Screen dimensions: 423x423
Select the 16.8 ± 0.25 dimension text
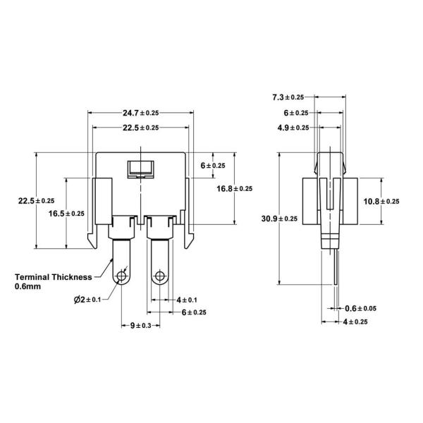tap(234, 188)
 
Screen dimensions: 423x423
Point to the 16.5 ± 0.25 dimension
tap(66, 214)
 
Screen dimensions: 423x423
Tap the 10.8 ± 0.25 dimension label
tap(381, 201)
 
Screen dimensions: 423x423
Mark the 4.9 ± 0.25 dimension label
tap(291, 128)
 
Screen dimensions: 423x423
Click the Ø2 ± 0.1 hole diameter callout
tap(87, 300)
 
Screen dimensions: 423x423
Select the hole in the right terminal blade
tap(161, 276)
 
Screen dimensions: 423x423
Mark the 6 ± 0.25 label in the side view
tap(296, 113)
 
